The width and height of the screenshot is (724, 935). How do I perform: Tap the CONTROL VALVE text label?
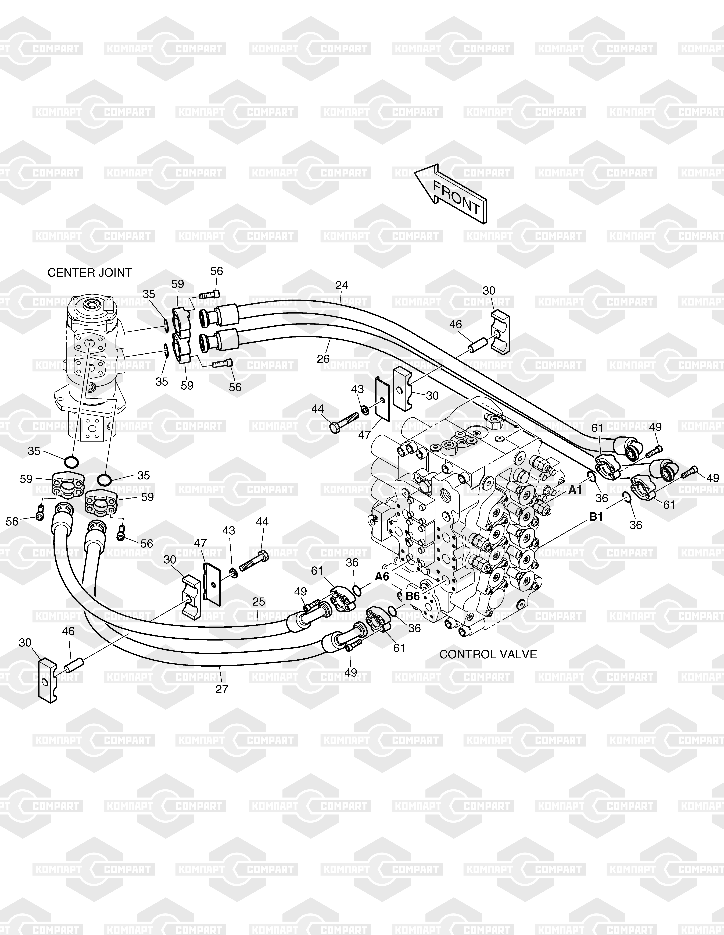[488, 654]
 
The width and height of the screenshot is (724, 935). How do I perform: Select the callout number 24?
[341, 285]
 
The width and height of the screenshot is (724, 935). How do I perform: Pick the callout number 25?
[259, 602]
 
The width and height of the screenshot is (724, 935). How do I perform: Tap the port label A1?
[575, 490]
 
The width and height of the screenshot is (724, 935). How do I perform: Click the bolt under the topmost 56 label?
[209, 294]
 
